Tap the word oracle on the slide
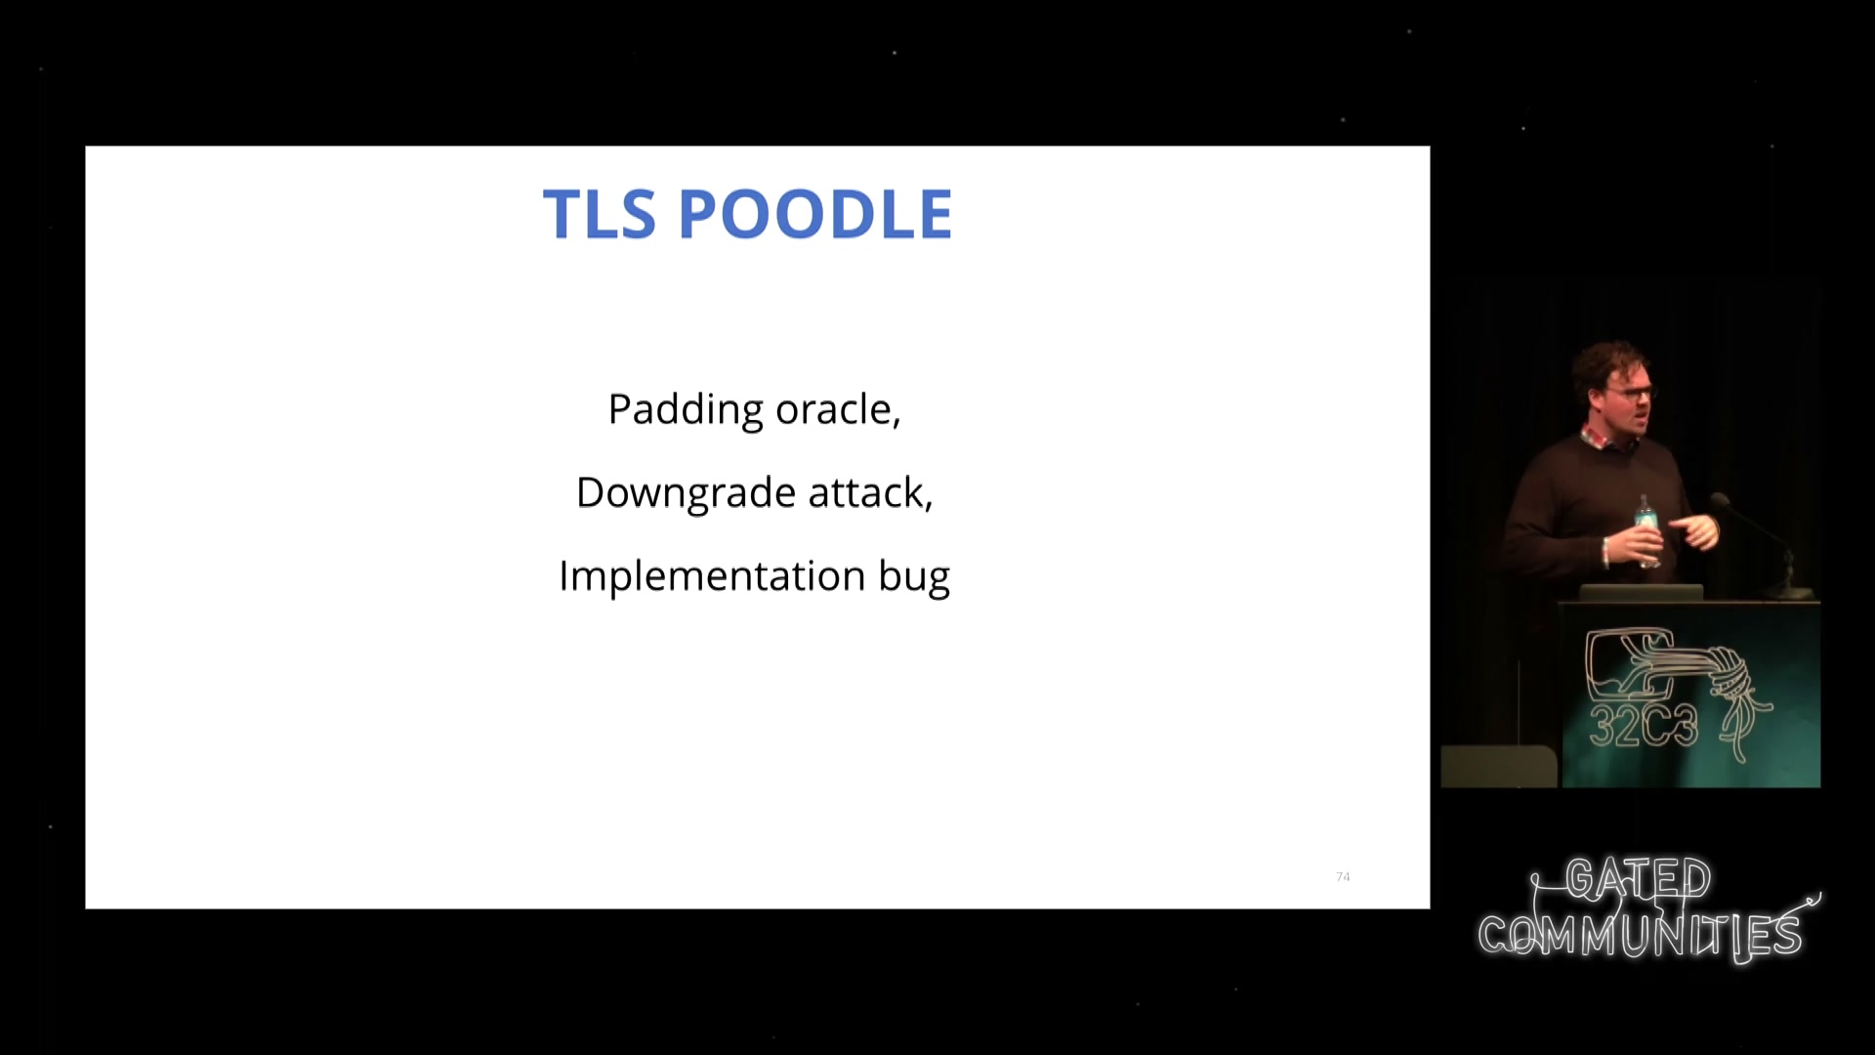838,409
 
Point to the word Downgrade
686,493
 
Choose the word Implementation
712,576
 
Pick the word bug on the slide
914,577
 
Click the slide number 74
1343,876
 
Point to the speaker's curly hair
1611,363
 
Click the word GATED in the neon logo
1639,879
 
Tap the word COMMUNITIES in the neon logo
1641,935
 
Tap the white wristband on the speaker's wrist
1604,552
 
